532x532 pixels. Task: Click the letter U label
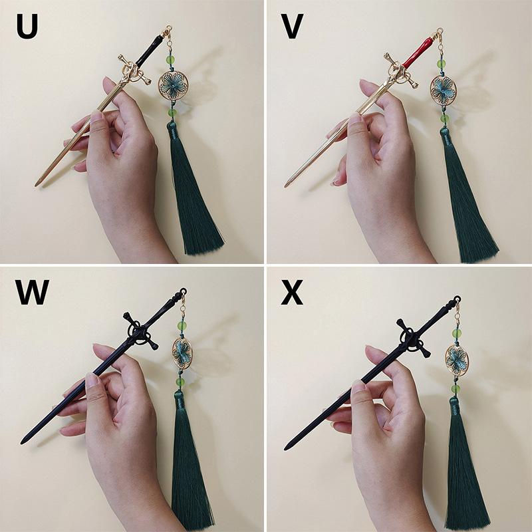(27, 27)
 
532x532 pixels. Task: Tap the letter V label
(292, 27)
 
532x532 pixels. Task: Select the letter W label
(32, 292)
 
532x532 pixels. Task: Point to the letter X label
(292, 292)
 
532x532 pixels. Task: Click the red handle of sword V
(419, 51)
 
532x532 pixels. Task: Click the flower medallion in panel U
(173, 85)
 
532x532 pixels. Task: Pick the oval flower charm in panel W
(182, 353)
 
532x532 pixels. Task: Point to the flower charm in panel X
(457, 360)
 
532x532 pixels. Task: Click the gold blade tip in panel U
(36, 184)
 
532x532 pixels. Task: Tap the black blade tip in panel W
(23, 442)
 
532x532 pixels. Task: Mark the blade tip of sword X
(286, 448)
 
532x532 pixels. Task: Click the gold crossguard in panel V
(401, 70)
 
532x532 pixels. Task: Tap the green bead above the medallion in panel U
(170, 60)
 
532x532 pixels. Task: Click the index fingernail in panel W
(92, 380)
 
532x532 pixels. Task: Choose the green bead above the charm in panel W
(182, 327)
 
